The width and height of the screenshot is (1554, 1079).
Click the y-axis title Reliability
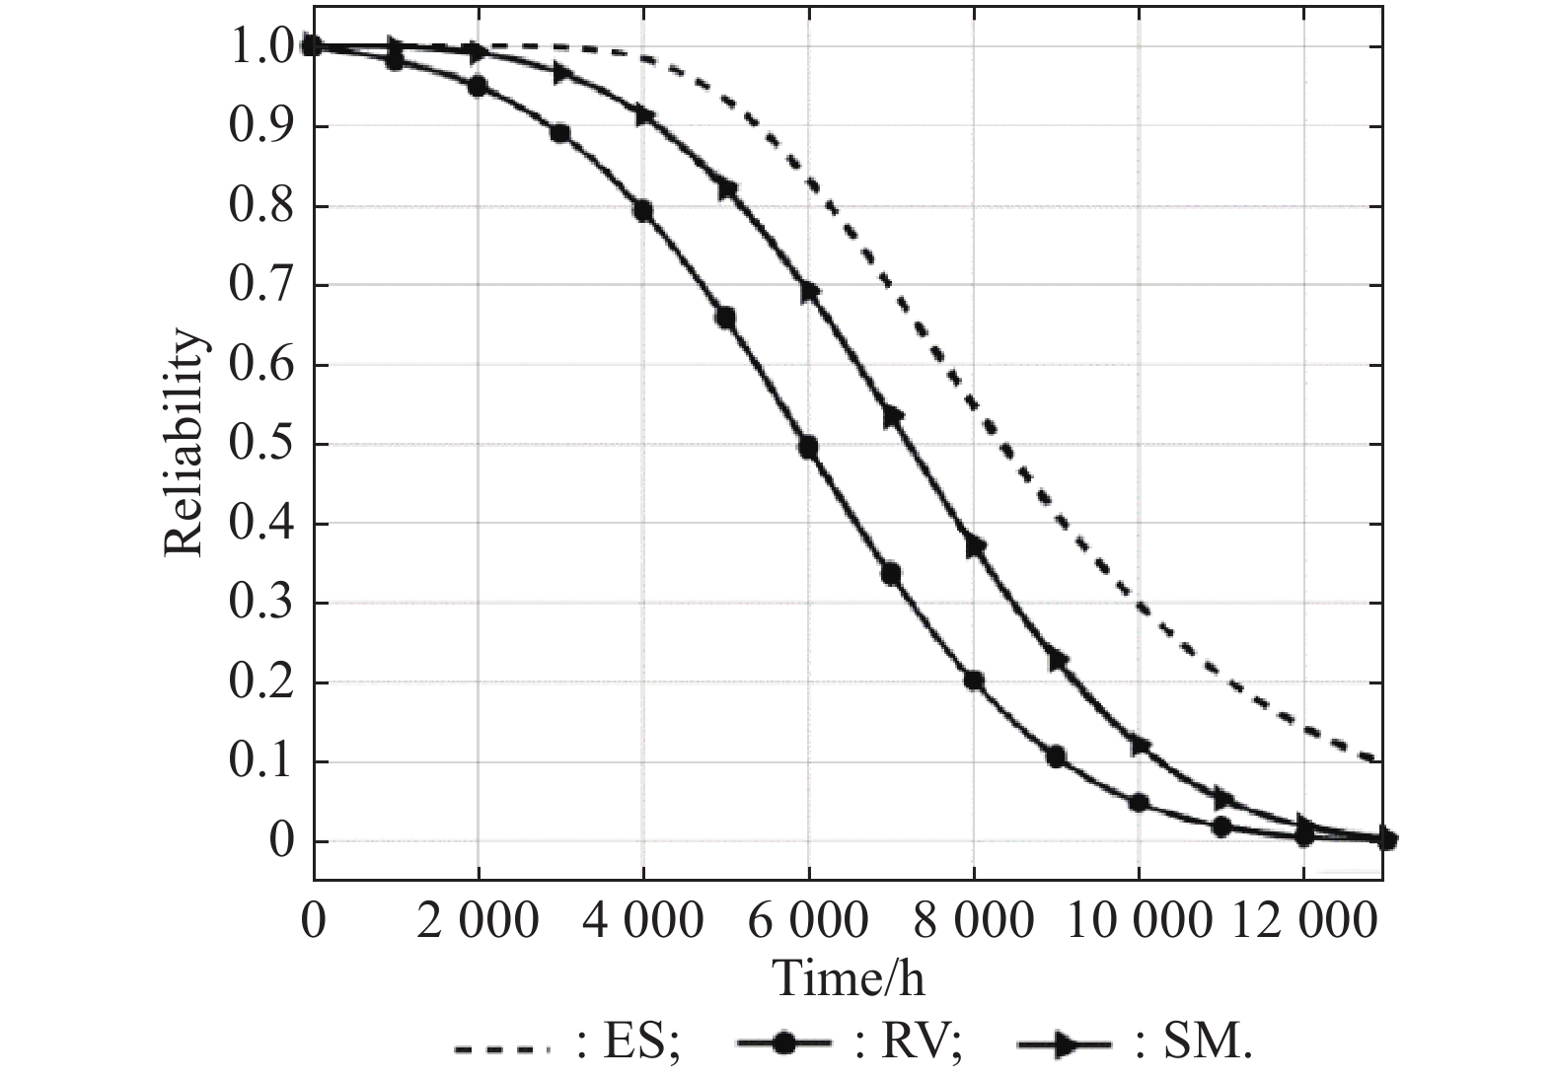(x=185, y=444)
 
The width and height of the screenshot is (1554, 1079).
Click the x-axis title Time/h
(x=849, y=979)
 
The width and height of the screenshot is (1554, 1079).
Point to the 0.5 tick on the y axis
(x=261, y=445)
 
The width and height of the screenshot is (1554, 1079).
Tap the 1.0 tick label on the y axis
(x=261, y=46)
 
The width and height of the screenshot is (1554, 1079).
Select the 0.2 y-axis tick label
(x=261, y=683)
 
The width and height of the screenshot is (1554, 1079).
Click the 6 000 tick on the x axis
(x=808, y=921)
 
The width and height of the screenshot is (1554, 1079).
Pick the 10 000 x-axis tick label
(x=1138, y=921)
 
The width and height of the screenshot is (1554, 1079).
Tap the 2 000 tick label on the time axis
(x=479, y=921)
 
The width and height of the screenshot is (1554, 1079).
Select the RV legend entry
(x=849, y=1043)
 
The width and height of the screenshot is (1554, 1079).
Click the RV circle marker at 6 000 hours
(x=808, y=448)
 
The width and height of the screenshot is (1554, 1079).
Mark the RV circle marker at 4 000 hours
(x=643, y=210)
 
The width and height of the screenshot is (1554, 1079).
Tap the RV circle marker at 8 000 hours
(x=973, y=681)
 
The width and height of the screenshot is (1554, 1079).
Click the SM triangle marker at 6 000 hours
(x=809, y=292)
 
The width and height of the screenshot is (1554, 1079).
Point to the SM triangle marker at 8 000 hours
(x=975, y=545)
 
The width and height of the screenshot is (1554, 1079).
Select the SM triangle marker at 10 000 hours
(x=1140, y=746)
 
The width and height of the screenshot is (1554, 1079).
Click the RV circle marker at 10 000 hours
(x=1138, y=803)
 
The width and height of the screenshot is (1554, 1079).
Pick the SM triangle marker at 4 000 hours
(x=644, y=115)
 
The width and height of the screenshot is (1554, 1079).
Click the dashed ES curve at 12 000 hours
(x=1302, y=729)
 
